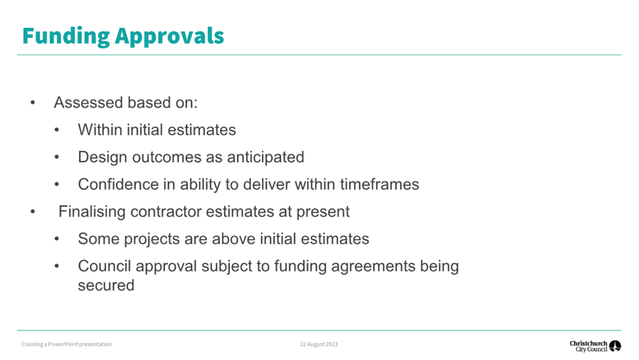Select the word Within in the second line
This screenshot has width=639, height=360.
pyautogui.click(x=100, y=129)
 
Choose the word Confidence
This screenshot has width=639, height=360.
pyautogui.click(x=118, y=184)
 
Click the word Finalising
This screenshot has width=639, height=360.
pyautogui.click(x=92, y=212)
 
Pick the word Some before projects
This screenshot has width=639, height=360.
pyautogui.click(x=98, y=239)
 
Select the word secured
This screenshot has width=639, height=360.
pyautogui.click(x=106, y=285)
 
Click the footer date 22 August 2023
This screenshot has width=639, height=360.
pyautogui.click(x=319, y=344)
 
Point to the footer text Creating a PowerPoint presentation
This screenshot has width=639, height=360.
pyautogui.click(x=66, y=344)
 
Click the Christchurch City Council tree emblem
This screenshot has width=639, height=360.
pyautogui.click(x=615, y=346)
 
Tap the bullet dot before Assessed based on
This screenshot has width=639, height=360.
pyautogui.click(x=32, y=103)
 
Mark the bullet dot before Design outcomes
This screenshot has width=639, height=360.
pyautogui.click(x=57, y=157)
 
